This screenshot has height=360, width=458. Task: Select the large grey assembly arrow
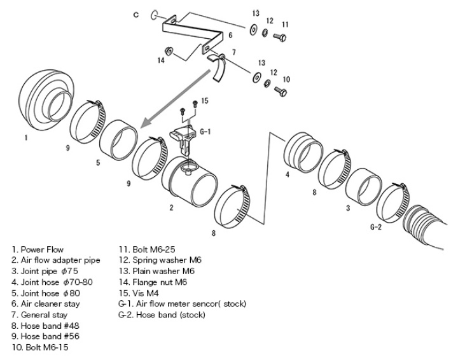coord(176,99)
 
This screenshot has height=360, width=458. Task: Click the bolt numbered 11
coord(280,37)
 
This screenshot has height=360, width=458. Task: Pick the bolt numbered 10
coord(281,92)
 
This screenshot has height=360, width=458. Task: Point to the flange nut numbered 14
coord(169,51)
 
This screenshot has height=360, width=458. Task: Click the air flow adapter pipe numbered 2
coord(190,182)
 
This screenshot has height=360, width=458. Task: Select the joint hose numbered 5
coord(118,139)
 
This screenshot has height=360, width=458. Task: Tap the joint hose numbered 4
coord(304,153)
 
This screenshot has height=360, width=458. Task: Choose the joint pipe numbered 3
coord(364,187)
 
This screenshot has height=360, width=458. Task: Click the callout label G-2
coord(376,227)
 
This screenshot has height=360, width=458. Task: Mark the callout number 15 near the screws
coord(205,100)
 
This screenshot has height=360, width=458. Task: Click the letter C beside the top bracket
coord(136,15)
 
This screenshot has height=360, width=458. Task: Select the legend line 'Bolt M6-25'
coord(147,249)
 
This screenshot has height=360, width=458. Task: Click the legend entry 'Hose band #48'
coord(46,326)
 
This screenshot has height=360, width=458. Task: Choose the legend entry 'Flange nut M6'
coord(153,282)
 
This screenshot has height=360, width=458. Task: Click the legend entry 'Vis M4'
coord(139,293)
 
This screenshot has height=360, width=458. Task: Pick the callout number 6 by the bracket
coord(230,35)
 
